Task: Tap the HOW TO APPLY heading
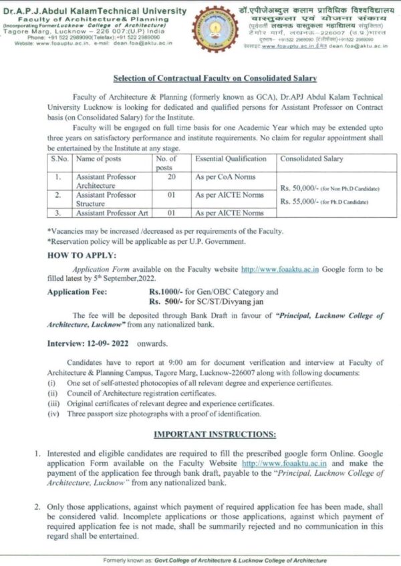[x=82, y=255]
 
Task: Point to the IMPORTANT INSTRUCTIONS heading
[x=200, y=434]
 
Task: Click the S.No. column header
[x=59, y=159]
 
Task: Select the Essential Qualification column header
[x=232, y=159]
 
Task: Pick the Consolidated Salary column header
[x=311, y=159]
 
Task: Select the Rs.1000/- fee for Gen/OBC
[x=164, y=292]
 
